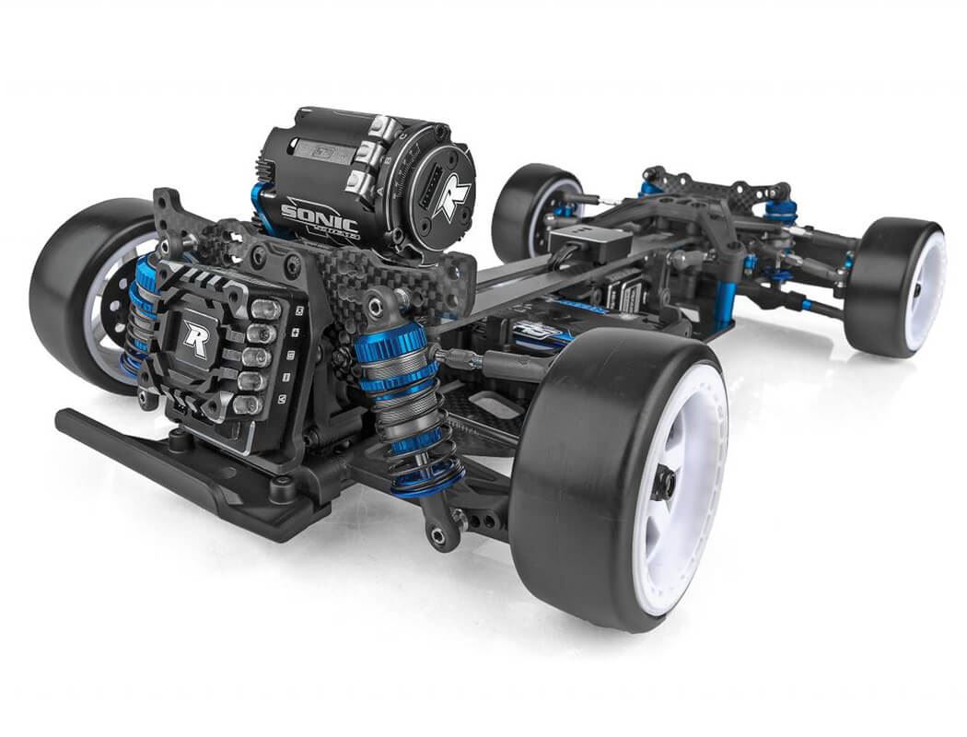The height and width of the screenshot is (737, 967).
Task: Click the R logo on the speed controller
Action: [195, 338]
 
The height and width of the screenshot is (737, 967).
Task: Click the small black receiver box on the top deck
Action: [589, 241]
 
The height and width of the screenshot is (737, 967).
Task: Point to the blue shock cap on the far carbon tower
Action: [781, 208]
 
